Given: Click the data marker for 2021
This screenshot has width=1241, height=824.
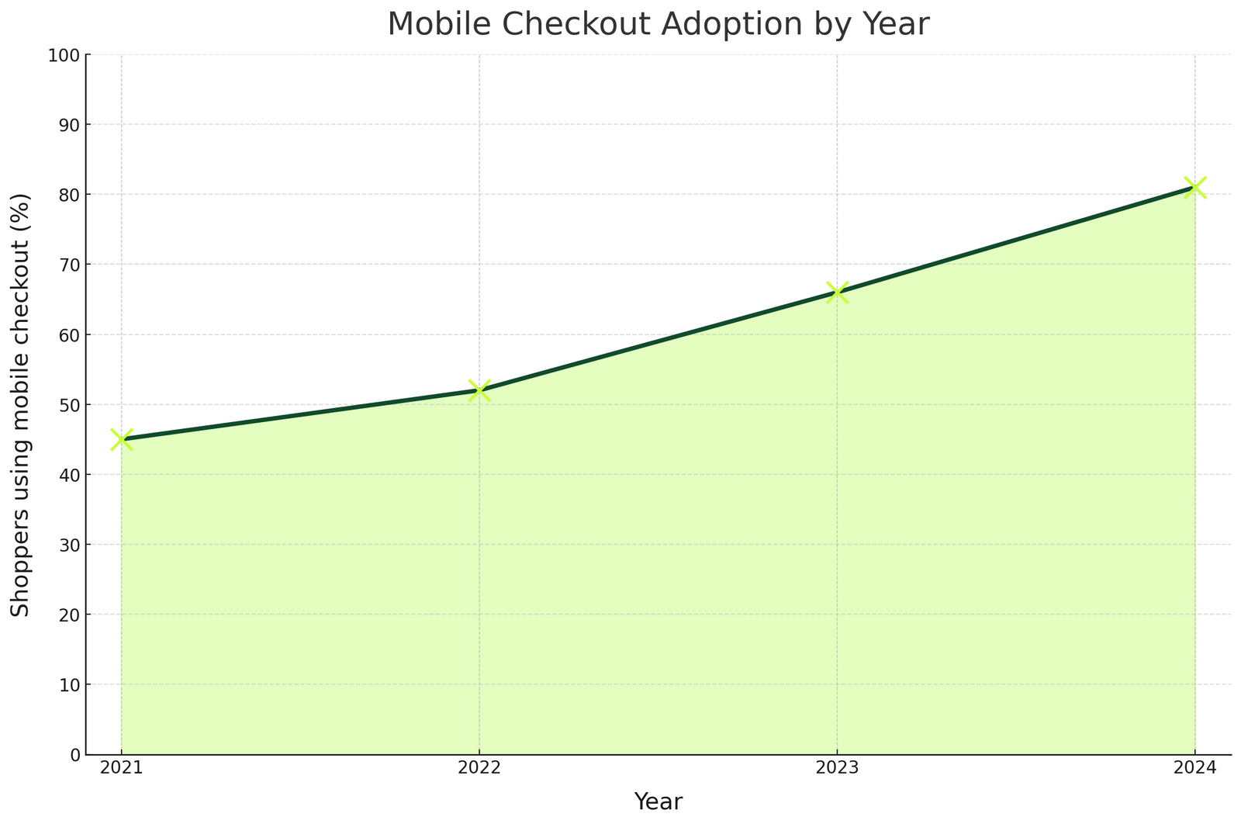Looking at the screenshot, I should click(122, 440).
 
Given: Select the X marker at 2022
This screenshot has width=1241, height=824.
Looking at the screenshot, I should click(479, 390).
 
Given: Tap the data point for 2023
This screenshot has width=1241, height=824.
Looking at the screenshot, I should click(837, 293).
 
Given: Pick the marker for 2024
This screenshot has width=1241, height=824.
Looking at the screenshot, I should click(1194, 188).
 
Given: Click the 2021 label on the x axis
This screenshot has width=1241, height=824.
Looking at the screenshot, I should click(122, 770).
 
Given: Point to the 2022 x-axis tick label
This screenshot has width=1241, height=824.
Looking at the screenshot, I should click(479, 770).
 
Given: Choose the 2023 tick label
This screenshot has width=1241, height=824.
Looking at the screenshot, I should click(837, 770).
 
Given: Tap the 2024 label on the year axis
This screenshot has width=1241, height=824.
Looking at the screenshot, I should click(1194, 770).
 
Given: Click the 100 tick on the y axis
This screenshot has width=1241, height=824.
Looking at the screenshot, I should click(67, 55).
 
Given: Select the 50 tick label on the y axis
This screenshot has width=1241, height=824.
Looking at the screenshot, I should click(71, 405).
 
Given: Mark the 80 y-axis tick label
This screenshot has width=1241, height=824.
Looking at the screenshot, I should click(71, 195).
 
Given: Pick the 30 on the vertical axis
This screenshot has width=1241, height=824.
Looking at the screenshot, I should click(71, 545).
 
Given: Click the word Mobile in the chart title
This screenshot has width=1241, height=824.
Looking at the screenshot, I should click(438, 24).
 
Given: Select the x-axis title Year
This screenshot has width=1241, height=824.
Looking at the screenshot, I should click(658, 801).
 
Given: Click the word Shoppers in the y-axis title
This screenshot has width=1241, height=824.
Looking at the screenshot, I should click(21, 570).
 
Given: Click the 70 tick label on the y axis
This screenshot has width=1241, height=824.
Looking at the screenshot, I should click(71, 265).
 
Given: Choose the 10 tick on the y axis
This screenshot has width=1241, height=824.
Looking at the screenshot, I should click(71, 684).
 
